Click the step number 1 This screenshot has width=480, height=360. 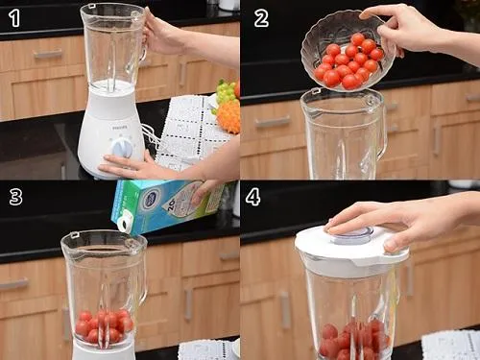[13, 16]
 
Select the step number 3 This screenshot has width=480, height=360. [14, 197]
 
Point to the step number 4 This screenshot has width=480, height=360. [252, 197]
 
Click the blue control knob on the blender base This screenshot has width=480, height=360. [122, 147]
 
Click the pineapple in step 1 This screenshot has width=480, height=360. [228, 116]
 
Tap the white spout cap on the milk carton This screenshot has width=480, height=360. [124, 221]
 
